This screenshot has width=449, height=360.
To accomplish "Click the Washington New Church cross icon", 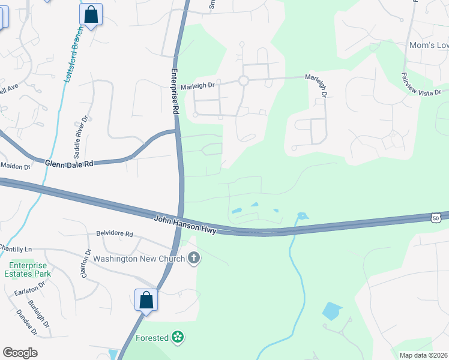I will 194,259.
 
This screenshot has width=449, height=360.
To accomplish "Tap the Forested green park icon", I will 178,337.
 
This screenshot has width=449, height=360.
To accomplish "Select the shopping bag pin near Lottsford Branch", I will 91,15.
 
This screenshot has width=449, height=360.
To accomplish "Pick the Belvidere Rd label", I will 114,234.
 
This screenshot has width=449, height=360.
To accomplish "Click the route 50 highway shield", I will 435,217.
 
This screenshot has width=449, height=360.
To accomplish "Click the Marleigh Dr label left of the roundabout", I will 197,86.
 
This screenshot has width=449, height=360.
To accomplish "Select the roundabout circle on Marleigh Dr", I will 244,81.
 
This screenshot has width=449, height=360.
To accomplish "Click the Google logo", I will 20,353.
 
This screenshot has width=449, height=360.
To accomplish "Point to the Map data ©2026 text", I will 423,355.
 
